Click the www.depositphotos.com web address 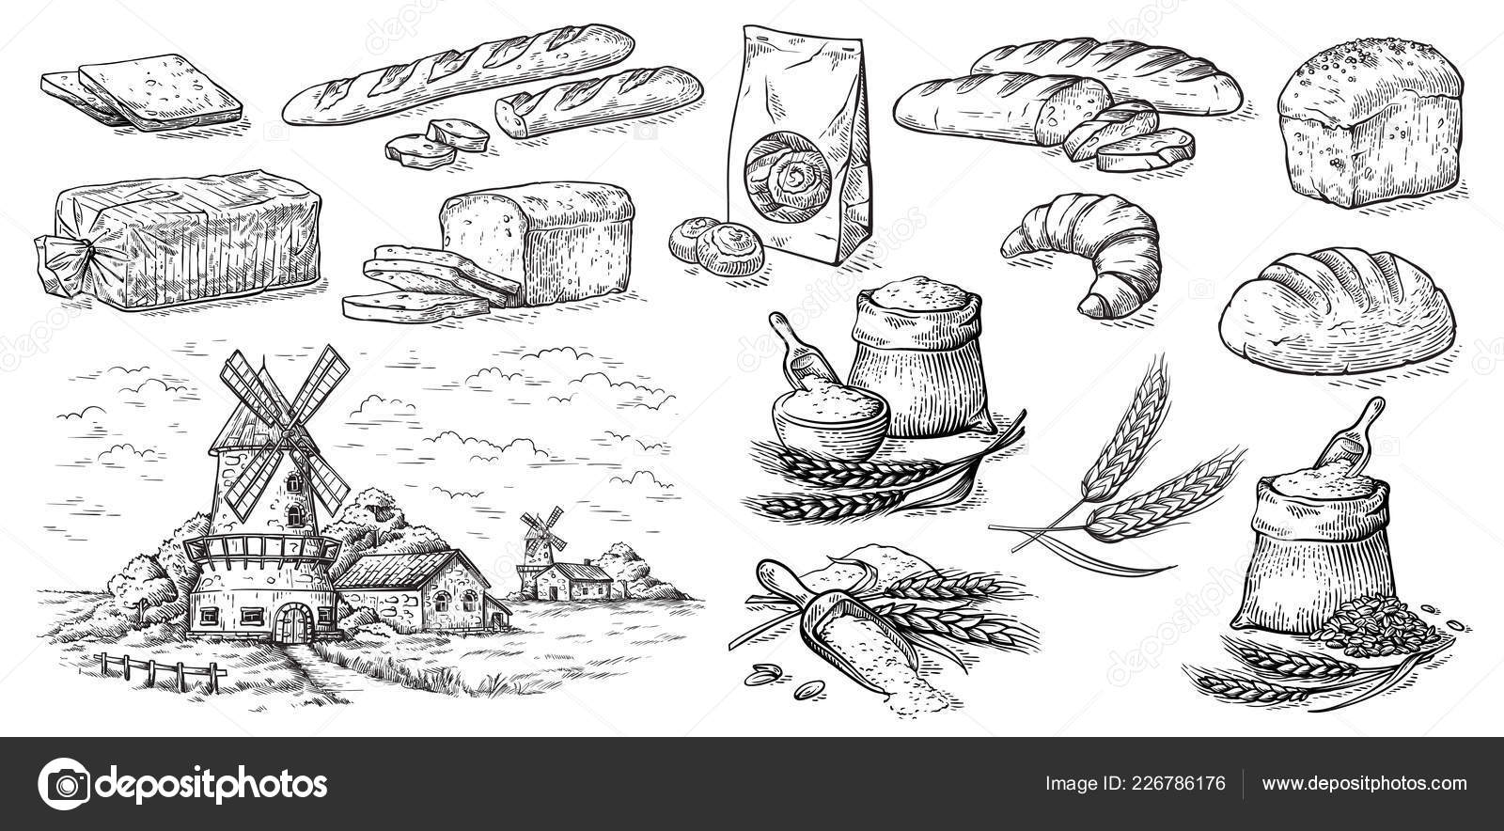pos(1364,783)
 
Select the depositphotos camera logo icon pos(65,783)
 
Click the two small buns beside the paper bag pos(717,244)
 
